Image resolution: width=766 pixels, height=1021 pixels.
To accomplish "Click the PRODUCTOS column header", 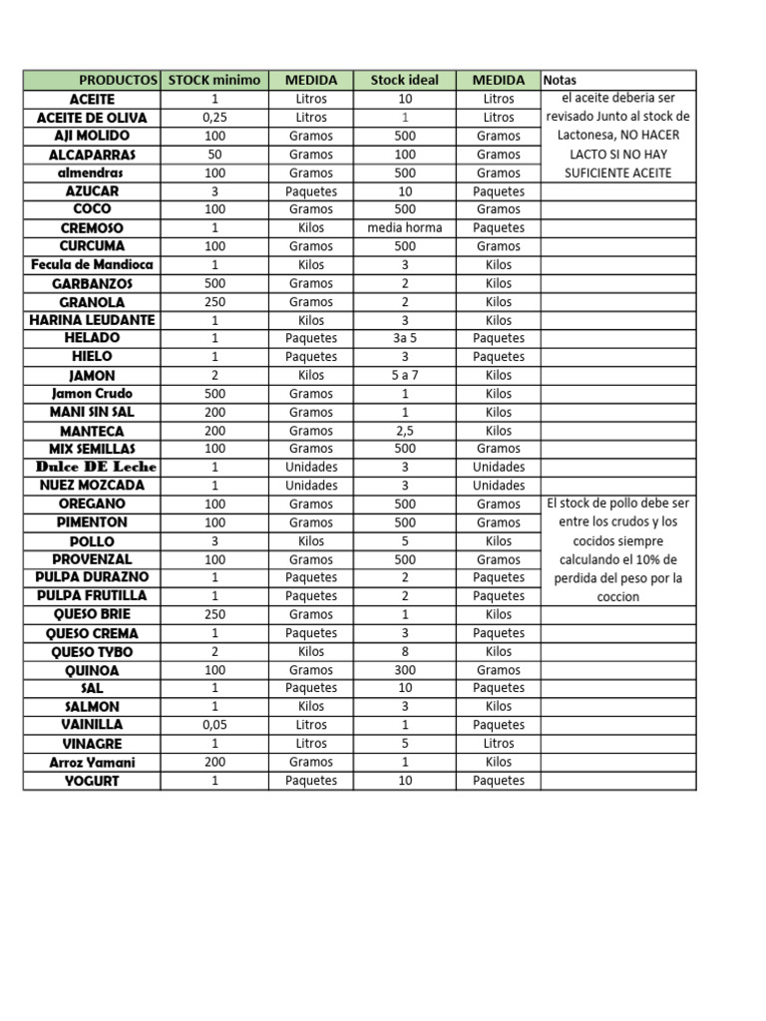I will (x=118, y=80).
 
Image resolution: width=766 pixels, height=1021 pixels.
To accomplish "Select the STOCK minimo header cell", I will (x=214, y=80).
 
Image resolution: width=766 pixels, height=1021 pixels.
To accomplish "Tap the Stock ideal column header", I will (x=404, y=80).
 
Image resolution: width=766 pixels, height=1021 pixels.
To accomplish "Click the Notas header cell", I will (x=561, y=80).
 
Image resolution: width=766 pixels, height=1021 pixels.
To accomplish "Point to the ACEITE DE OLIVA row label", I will (x=92, y=118).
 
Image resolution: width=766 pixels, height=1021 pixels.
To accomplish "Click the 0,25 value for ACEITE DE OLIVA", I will (x=214, y=118).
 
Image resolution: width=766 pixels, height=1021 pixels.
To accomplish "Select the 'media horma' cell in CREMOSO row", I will (x=404, y=228).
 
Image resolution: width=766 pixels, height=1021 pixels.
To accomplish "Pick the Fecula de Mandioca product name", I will (x=92, y=265).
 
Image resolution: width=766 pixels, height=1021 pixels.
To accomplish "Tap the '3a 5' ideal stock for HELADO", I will (x=404, y=338).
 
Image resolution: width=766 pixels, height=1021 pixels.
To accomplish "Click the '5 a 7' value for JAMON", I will (x=404, y=376).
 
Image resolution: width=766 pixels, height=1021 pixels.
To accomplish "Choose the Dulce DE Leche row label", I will (x=96, y=467).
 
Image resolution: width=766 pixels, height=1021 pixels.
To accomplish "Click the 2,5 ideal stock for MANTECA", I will (x=404, y=431).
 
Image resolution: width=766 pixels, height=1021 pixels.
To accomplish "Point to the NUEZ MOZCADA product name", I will (x=92, y=486).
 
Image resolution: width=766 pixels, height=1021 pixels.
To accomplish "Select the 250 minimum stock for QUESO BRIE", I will (x=214, y=615).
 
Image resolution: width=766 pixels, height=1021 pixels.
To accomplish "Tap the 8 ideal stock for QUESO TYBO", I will (x=404, y=652).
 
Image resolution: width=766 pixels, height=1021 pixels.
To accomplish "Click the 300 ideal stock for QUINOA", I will (x=404, y=671).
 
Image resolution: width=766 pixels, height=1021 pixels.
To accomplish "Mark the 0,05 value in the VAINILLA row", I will (x=214, y=725).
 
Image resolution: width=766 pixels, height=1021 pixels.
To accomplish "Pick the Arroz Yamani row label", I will (x=92, y=763).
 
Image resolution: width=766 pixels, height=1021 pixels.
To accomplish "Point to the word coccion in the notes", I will (x=618, y=597).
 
